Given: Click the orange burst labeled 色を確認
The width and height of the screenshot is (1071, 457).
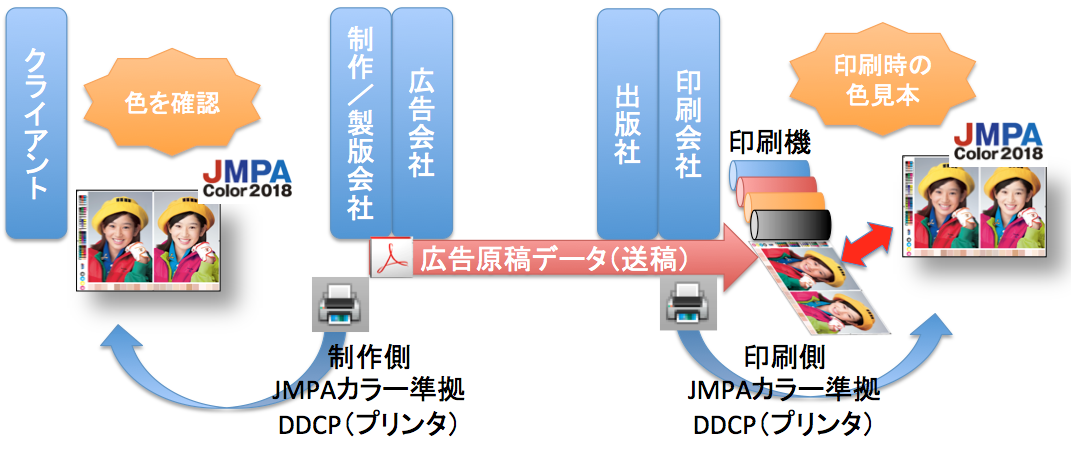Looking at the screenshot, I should tap(172, 101).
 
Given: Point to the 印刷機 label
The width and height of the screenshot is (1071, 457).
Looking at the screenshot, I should tap(768, 142).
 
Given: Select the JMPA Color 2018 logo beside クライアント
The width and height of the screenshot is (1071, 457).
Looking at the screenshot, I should tap(246, 178).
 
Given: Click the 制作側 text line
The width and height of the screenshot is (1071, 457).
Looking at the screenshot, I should tap(368, 357).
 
